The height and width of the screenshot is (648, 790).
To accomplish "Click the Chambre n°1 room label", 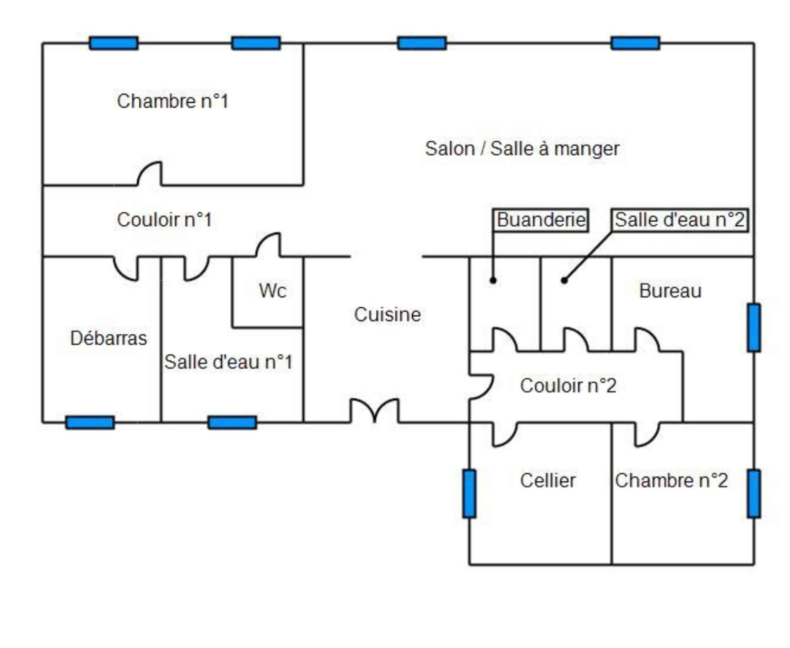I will pyautogui.click(x=172, y=101).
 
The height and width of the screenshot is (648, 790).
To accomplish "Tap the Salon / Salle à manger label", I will pyautogui.click(x=522, y=149).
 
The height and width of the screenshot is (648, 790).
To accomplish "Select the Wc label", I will pyautogui.click(x=272, y=290).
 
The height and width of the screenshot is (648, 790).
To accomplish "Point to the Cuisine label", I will pyautogui.click(x=387, y=315).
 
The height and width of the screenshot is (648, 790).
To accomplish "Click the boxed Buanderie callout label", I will pyautogui.click(x=541, y=220).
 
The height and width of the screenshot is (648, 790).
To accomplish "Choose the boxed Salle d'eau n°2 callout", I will pyautogui.click(x=679, y=220).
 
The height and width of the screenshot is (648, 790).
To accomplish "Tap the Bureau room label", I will pyautogui.click(x=670, y=291).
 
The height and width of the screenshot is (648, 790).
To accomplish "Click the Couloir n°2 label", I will pyautogui.click(x=568, y=386).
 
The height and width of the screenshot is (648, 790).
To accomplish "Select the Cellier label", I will pyautogui.click(x=548, y=481).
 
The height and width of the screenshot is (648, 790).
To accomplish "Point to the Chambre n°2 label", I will pyautogui.click(x=671, y=481).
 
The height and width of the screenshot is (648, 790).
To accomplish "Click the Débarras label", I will pyautogui.click(x=109, y=338).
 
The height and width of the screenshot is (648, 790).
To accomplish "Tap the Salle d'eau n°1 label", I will pyautogui.click(x=228, y=362).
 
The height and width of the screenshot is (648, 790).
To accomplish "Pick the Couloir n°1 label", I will pyautogui.click(x=164, y=220).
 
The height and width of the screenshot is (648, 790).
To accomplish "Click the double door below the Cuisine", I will pyautogui.click(x=375, y=411).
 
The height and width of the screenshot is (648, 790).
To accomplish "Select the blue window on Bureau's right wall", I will pyautogui.click(x=753, y=327).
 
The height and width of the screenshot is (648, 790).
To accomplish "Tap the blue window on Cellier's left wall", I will pyautogui.click(x=469, y=493).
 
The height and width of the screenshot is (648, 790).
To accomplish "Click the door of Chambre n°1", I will pyautogui.click(x=150, y=174).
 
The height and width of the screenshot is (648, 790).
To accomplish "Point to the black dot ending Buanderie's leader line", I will pyautogui.click(x=493, y=281).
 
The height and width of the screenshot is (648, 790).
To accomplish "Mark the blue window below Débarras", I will pyautogui.click(x=90, y=422).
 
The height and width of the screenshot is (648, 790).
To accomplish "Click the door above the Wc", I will pyautogui.click(x=269, y=245).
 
